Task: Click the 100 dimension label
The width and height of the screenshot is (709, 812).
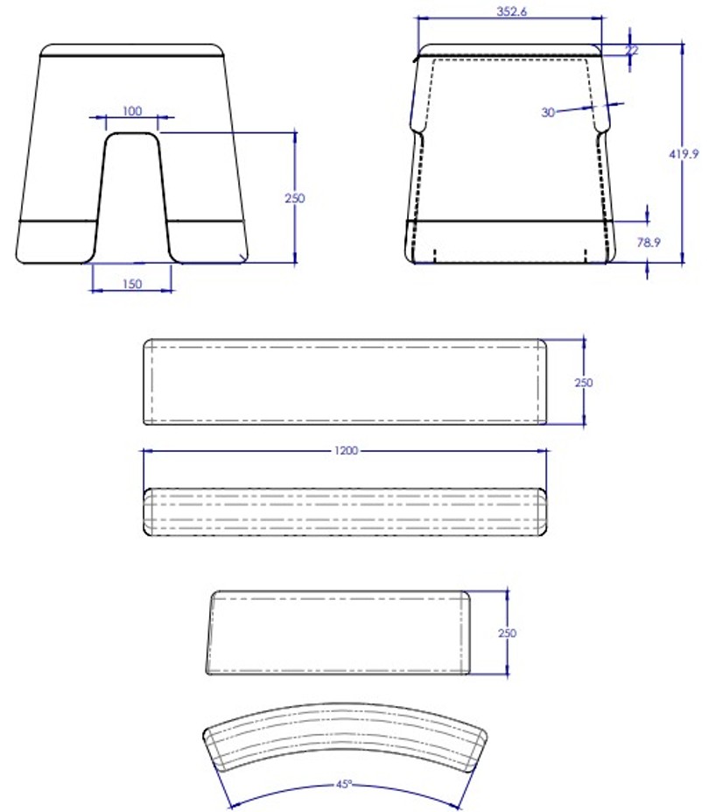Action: click(x=132, y=111)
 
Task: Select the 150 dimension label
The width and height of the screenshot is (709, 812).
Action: click(x=132, y=284)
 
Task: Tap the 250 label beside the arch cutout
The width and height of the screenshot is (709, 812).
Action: click(x=294, y=198)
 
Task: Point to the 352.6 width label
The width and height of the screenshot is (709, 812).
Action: click(x=511, y=11)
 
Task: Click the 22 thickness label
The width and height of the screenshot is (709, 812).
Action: click(x=631, y=50)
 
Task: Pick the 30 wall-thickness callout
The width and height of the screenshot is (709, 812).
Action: click(x=548, y=112)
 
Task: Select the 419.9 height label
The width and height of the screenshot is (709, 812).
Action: click(x=684, y=154)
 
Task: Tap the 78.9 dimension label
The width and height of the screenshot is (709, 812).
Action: click(x=649, y=242)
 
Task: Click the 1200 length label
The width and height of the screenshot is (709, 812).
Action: click(x=346, y=450)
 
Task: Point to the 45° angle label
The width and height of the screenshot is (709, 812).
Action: click(x=344, y=784)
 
